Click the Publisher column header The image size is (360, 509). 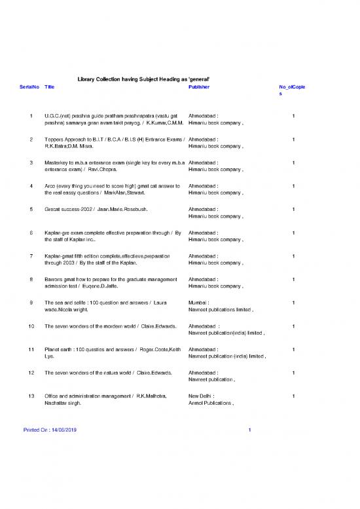click(199, 86)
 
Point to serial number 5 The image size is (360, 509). click(31, 209)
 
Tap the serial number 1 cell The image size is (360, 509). click(31, 116)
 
